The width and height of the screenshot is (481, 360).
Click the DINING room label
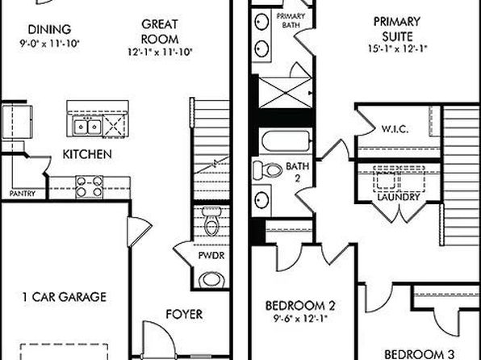tap(49, 30)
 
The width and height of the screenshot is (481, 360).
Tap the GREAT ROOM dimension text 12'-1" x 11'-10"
tap(160, 52)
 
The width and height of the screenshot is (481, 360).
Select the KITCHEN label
tap(87, 154)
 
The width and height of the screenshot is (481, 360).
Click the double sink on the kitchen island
tap(87, 127)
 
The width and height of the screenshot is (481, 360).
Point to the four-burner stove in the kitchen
tap(90, 186)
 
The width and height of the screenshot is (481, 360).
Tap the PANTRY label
tap(22, 194)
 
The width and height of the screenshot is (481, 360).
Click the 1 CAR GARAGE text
tap(65, 297)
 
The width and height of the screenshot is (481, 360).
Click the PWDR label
tap(211, 255)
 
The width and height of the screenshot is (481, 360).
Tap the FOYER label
tap(184, 314)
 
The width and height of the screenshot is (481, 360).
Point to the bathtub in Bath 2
tap(286, 141)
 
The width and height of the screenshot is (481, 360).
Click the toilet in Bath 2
tap(267, 170)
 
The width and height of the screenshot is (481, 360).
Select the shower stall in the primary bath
tap(285, 93)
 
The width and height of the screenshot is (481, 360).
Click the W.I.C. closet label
tap(395, 129)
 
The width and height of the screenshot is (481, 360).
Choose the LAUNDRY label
tap(398, 197)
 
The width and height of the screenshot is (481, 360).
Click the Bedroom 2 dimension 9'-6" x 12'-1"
tap(300, 319)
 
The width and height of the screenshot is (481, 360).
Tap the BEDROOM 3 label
tap(419, 354)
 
